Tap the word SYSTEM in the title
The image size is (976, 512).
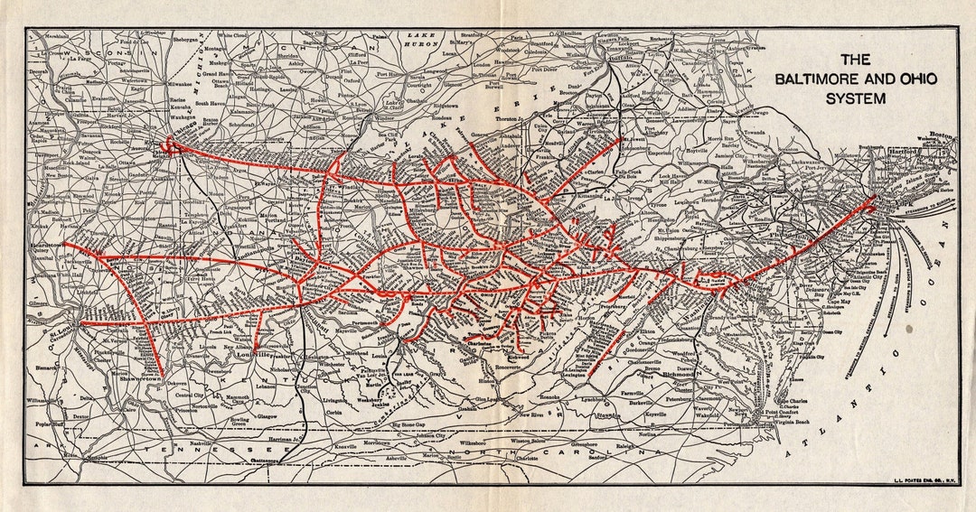pyautogui.click(x=855, y=98)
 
